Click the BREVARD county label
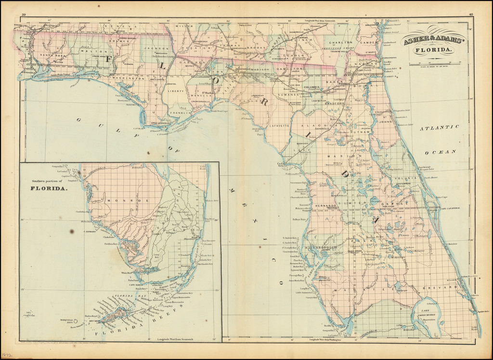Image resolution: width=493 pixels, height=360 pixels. [x=446, y=287]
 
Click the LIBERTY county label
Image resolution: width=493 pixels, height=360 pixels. [x=176, y=90]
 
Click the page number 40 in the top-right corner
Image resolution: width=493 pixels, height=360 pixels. [x=470, y=15]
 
